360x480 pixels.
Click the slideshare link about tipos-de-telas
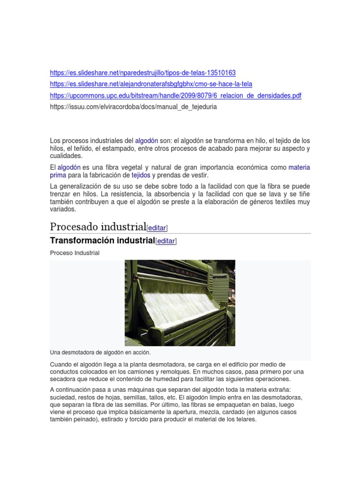click(142, 73)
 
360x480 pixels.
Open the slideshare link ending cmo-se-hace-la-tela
click(151, 84)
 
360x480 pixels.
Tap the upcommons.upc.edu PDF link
click(175, 96)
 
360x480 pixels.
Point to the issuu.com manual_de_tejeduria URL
click(133, 107)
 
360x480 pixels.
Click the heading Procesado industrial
click(98, 227)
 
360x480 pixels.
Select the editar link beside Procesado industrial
click(157, 228)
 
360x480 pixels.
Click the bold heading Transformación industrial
click(102, 240)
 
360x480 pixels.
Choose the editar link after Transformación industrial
click(166, 241)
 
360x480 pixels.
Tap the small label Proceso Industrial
click(75, 253)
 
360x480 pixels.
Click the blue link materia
click(299, 167)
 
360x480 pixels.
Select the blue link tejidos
click(141, 175)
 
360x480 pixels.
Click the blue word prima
click(58, 175)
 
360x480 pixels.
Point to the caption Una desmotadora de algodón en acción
click(100, 352)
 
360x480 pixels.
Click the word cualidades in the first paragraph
click(66, 156)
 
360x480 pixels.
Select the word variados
click(62, 210)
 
